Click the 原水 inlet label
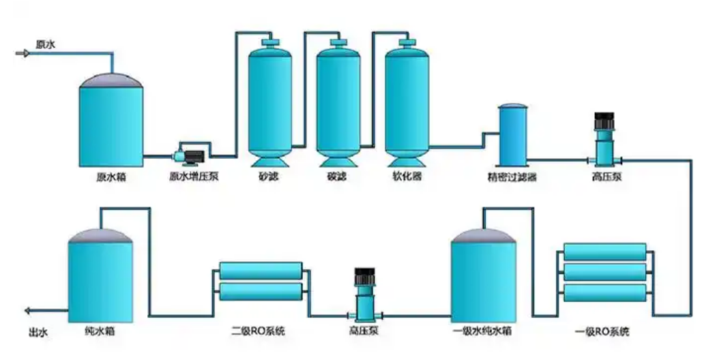tap(45, 44)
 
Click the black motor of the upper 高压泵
tap(604, 122)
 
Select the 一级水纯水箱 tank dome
tap(483, 235)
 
